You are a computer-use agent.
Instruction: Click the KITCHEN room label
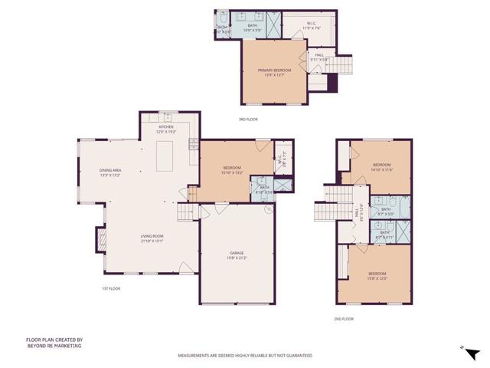[166, 127]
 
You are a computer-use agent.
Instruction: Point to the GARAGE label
[237, 252]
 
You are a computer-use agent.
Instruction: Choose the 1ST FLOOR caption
[112, 288]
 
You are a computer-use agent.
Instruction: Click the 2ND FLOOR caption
[343, 318]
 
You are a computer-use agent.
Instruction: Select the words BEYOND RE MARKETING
[54, 346]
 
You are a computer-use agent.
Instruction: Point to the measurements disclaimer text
[245, 356]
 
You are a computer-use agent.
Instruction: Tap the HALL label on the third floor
[319, 54]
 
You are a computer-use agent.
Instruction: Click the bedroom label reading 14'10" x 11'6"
[381, 169]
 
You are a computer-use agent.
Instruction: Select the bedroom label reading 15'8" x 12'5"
[377, 278]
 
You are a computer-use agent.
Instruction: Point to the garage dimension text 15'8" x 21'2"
[237, 258]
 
